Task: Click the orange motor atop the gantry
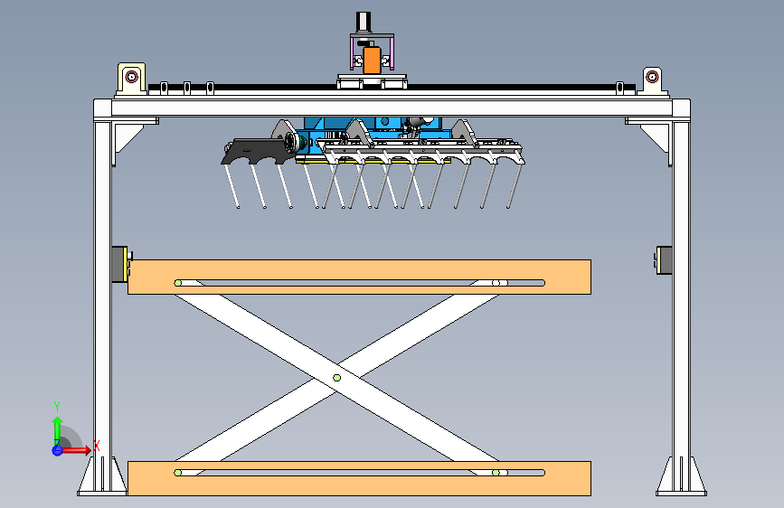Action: [x=372, y=60]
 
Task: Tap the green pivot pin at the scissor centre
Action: [x=337, y=378]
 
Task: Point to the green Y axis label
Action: [x=57, y=406]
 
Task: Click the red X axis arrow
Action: [x=75, y=450]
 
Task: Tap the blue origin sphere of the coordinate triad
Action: [x=57, y=450]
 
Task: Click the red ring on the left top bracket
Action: [x=131, y=77]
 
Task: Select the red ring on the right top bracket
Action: [x=652, y=77]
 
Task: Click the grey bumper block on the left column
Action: [x=119, y=264]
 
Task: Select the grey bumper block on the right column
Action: [x=664, y=260]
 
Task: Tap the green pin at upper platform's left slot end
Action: [x=178, y=283]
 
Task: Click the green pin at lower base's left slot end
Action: [x=177, y=473]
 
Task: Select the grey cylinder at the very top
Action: [x=364, y=23]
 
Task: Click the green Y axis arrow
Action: [x=57, y=431]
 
